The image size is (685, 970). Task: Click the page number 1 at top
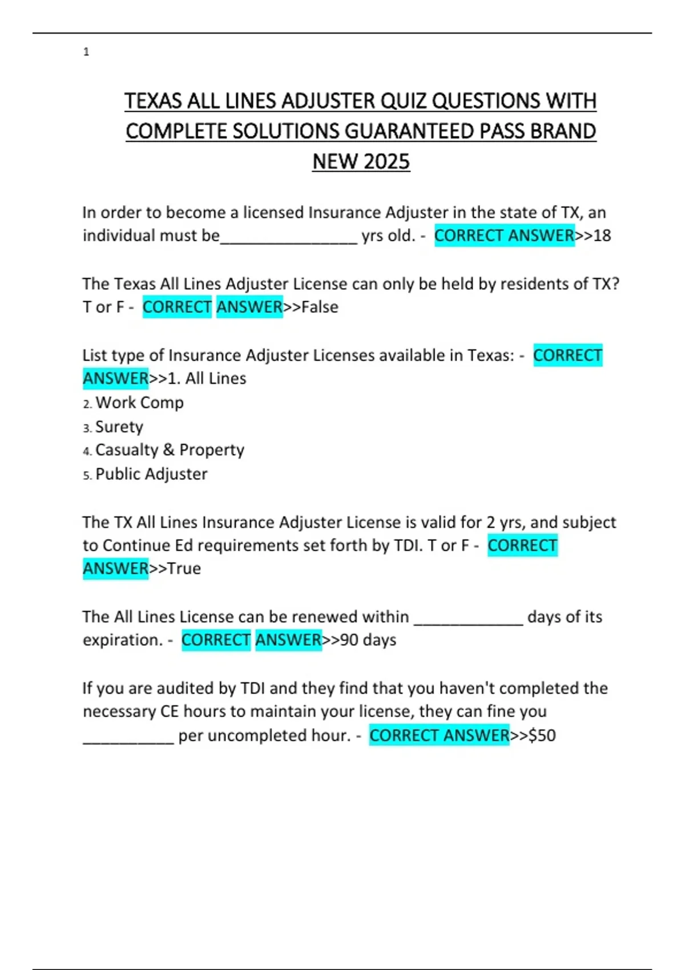[x=86, y=52]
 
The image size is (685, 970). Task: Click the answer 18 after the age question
[x=602, y=235]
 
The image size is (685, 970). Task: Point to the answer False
[x=320, y=307]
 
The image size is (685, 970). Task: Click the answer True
[x=184, y=568]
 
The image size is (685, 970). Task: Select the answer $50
[x=542, y=735]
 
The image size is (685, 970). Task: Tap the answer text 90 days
[x=368, y=640]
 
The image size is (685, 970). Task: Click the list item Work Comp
[x=139, y=402]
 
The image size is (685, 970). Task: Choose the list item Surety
[x=119, y=427]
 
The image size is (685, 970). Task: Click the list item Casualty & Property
[x=170, y=450]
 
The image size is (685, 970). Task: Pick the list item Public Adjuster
[x=151, y=474]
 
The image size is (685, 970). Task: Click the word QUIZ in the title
[x=404, y=101]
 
